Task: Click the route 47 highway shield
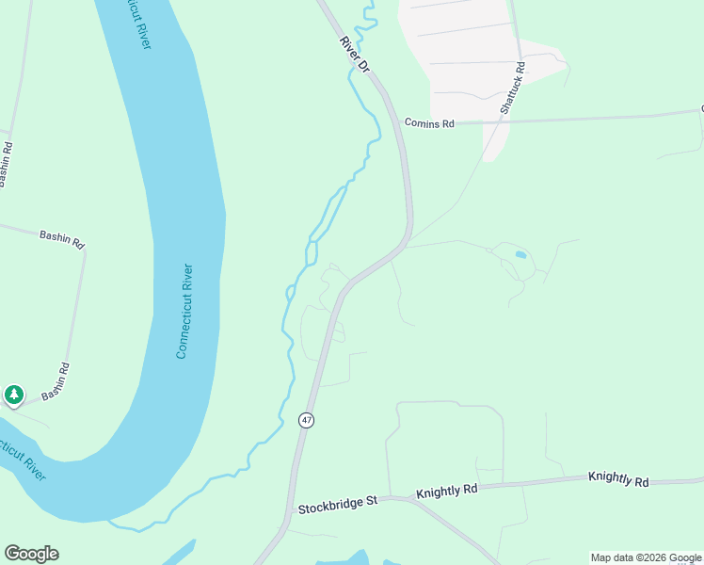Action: coord(306,420)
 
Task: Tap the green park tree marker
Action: coord(13,395)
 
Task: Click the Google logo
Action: coord(31,554)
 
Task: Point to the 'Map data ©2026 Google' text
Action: coord(646,557)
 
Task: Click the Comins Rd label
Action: coord(429,123)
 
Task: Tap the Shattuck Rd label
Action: coord(513,89)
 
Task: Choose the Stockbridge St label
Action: coord(337,504)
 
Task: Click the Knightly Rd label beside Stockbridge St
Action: coord(447,490)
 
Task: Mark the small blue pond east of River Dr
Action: coord(520,254)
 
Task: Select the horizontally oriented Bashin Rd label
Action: coord(61,239)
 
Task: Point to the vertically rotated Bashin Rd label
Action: coord(7,164)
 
